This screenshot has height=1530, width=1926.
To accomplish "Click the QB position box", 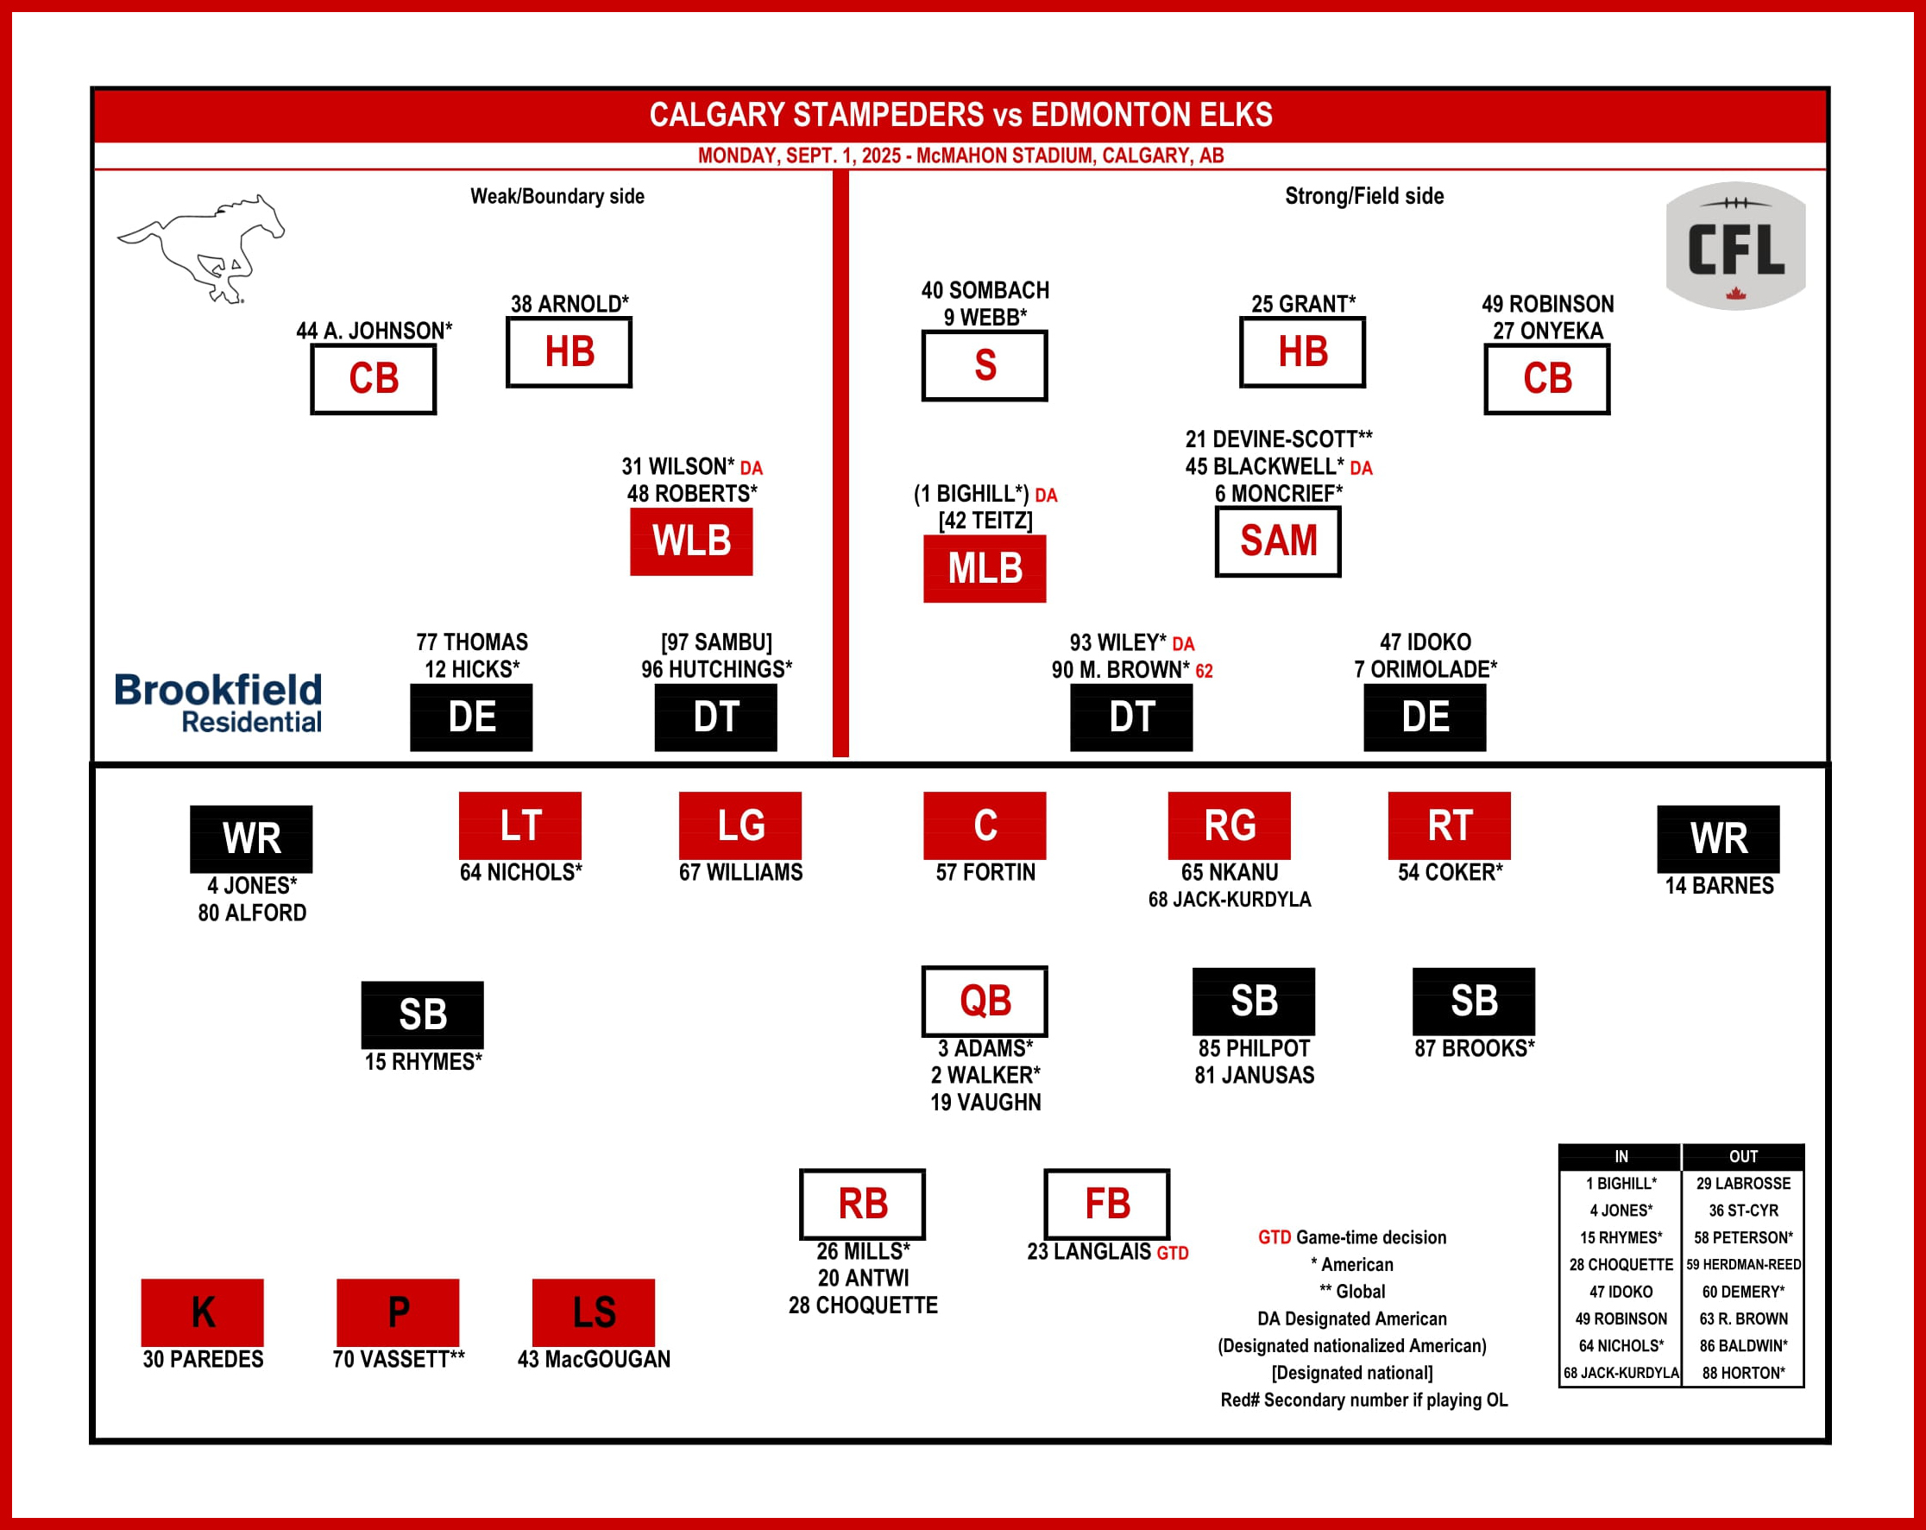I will point(985,1000).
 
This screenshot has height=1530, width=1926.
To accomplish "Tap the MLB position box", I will point(985,568).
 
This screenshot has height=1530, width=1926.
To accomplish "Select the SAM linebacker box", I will point(1277,541).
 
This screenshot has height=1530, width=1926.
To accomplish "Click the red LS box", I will point(593,1312).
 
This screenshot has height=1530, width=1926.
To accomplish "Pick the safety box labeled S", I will point(985,365).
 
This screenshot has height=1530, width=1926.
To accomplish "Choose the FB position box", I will point(1107,1204).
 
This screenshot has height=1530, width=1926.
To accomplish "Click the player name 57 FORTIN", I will point(985,872).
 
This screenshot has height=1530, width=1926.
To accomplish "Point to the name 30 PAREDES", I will point(203,1359).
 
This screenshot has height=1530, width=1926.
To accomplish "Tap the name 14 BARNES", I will point(1719,886).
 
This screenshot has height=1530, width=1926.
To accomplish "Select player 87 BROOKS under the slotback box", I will point(1474,1048).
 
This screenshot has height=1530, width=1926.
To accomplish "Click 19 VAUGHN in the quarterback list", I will point(985,1103).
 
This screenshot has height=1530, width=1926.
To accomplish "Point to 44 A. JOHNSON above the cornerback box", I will point(374,331).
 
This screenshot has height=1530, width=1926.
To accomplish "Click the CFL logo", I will point(1734,246).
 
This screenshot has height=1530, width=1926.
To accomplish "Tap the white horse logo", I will point(202,249).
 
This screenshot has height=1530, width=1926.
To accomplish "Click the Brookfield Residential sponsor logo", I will point(218,704).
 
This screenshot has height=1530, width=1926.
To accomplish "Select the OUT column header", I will point(1743,1156).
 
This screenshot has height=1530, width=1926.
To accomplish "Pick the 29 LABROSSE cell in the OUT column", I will point(1743,1183).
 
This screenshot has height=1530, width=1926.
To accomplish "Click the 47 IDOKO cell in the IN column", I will point(1621,1292).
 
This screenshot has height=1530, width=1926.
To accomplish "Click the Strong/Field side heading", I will point(1363,197).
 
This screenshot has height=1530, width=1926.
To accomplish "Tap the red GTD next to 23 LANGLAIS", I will point(1172,1254).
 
